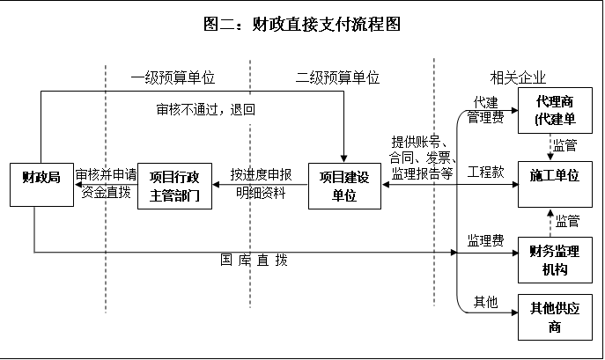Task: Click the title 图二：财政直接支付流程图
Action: pos(302,24)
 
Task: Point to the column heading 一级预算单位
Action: pos(173,77)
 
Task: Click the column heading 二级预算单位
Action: pos(337,77)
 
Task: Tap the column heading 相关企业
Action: pos(518,77)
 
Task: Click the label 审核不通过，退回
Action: pos(205,110)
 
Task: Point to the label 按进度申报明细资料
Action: pos(261,183)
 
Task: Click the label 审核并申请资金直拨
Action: pos(105,183)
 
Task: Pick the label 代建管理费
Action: pos(485,108)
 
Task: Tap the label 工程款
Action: pos(485,171)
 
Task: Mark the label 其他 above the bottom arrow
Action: pos(485,302)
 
